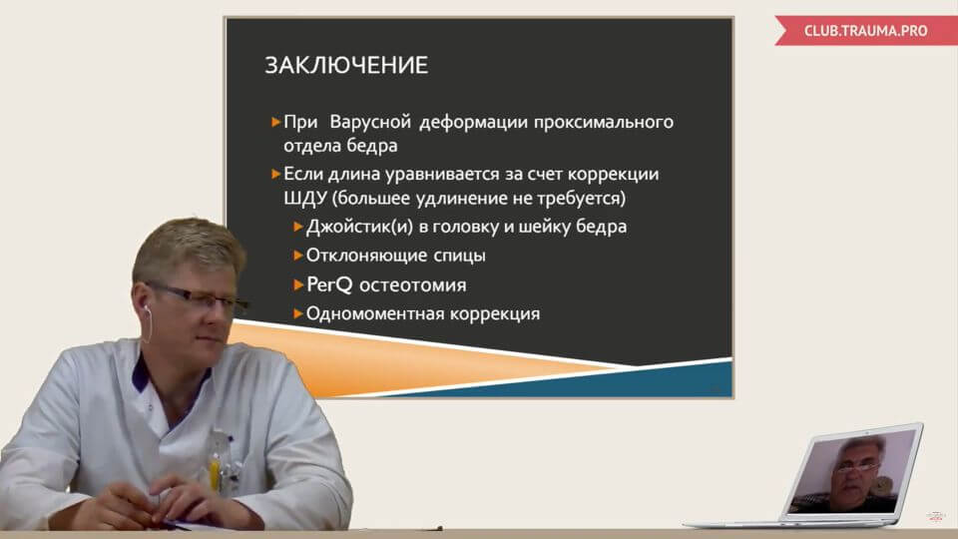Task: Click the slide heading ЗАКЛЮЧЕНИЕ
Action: click(x=346, y=66)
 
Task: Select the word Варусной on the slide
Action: click(x=370, y=122)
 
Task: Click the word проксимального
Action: click(x=604, y=122)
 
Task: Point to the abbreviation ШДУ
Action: click(x=307, y=198)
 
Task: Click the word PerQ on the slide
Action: click(x=330, y=284)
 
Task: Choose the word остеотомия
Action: click(x=413, y=285)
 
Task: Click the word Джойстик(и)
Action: click(x=359, y=227)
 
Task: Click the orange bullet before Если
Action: click(x=275, y=174)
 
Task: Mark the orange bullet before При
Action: click(x=275, y=122)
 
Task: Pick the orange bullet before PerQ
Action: click(x=298, y=284)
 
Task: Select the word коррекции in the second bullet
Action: click(x=613, y=174)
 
